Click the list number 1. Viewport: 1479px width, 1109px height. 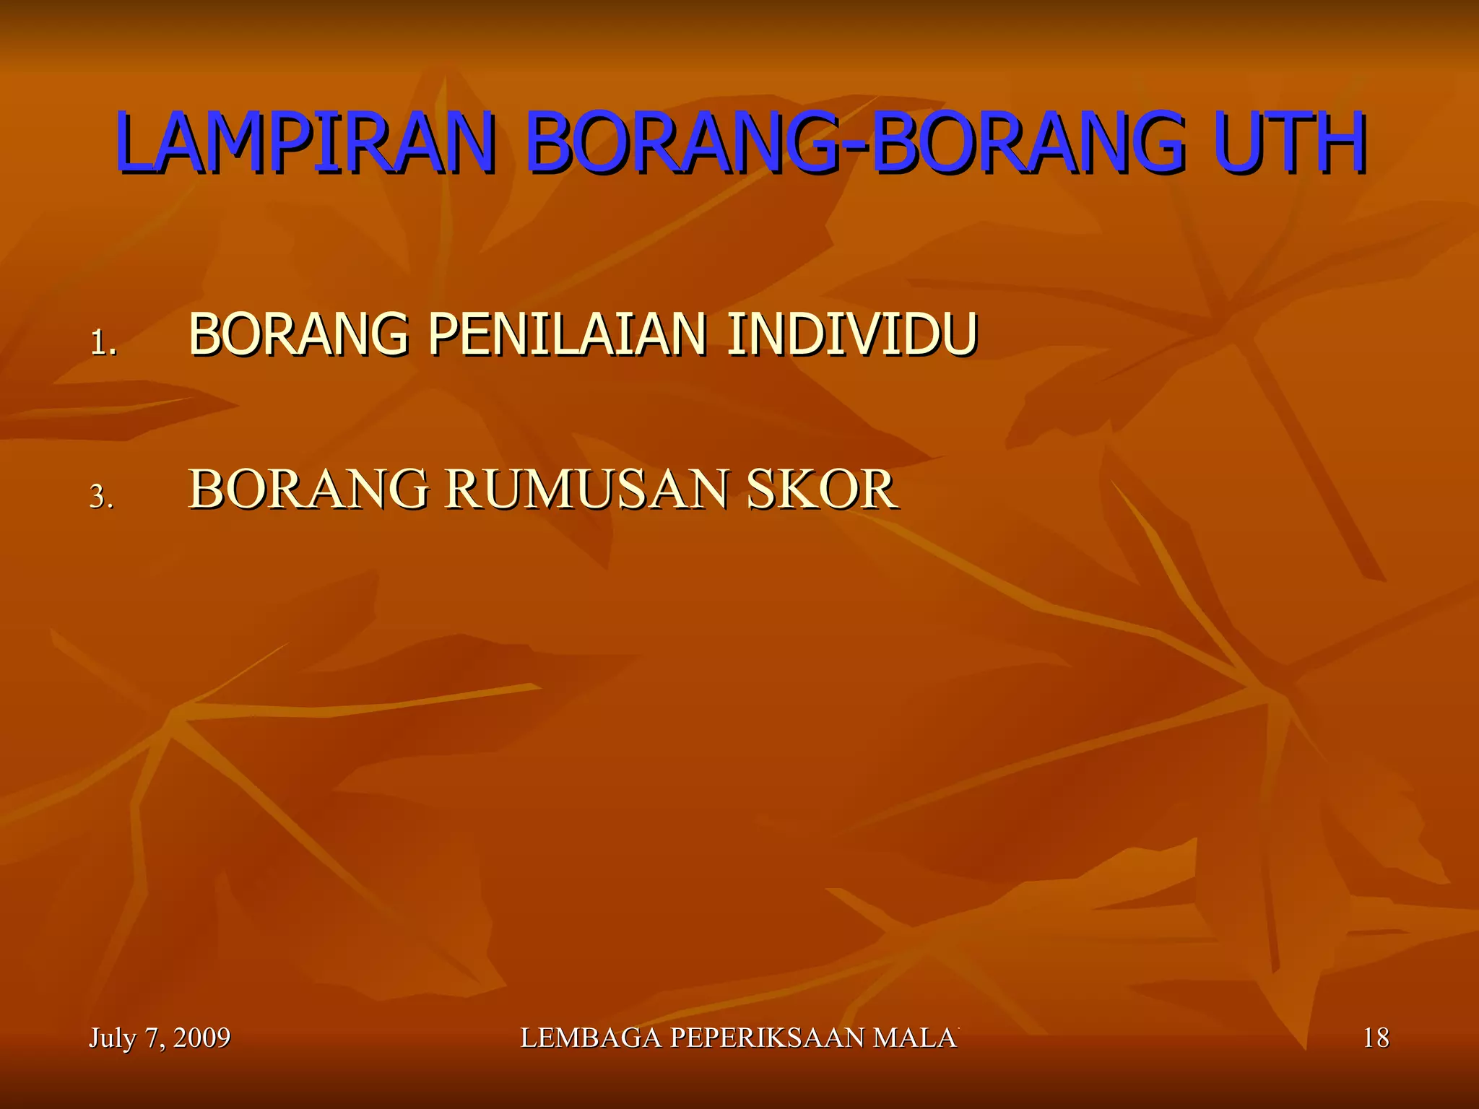click(103, 342)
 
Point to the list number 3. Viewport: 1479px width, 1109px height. click(101, 497)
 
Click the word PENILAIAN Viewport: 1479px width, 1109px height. click(567, 334)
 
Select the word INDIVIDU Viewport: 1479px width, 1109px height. click(852, 334)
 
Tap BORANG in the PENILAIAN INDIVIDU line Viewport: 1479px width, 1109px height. click(298, 334)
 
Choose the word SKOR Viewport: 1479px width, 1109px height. click(821, 490)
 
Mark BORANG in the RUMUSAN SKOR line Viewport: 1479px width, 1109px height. click(308, 490)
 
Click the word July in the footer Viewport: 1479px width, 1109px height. click(112, 1038)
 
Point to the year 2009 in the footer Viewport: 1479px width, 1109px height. click(201, 1038)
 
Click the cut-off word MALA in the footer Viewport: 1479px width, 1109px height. click(915, 1038)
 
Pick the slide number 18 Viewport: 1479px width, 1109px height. click(1376, 1038)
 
